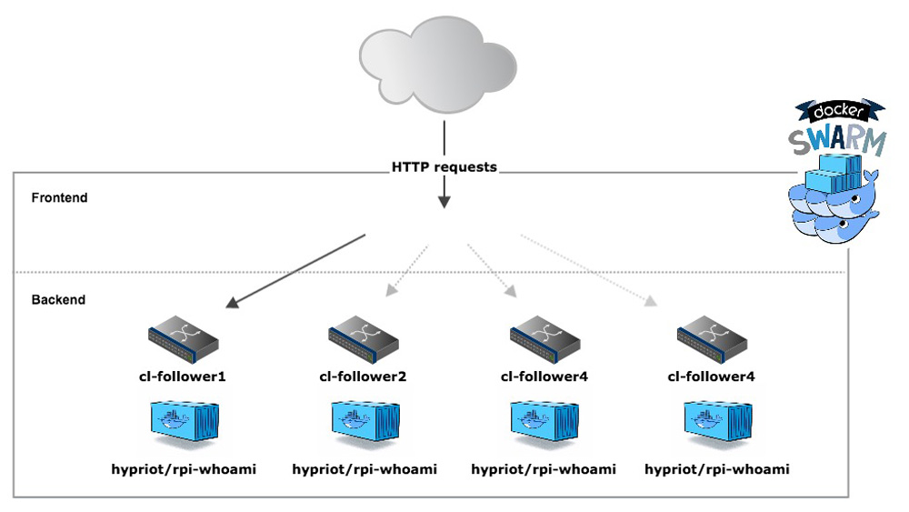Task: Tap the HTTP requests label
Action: (x=444, y=167)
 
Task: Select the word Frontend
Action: (x=59, y=197)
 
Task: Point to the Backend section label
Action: (x=58, y=299)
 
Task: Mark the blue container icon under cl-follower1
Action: (x=186, y=423)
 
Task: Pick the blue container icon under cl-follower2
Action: (x=365, y=423)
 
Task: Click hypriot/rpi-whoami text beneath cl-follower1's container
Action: (x=185, y=469)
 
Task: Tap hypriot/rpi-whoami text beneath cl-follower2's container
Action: (x=365, y=469)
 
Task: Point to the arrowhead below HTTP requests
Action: (x=444, y=200)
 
